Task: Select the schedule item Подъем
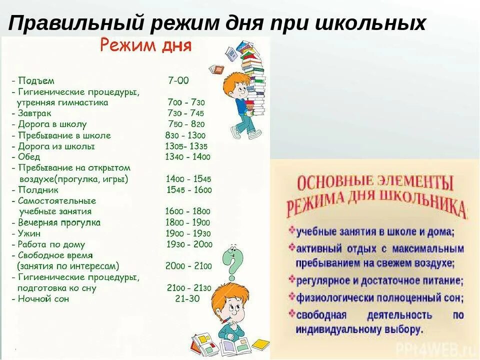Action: click(x=35, y=80)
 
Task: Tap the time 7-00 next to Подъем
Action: click(x=178, y=80)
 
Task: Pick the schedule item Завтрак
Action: click(x=35, y=113)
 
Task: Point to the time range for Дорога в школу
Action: click(x=186, y=124)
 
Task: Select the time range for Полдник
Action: click(x=188, y=190)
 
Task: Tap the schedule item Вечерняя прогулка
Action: click(x=59, y=222)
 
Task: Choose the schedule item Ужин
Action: click(x=29, y=233)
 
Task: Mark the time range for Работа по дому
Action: click(x=188, y=244)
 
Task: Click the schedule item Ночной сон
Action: click(x=43, y=299)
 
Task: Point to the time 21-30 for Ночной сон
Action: click(x=187, y=299)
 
